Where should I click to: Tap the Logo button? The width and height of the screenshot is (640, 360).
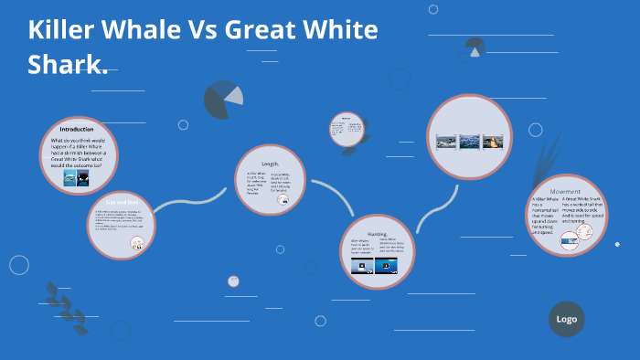566,319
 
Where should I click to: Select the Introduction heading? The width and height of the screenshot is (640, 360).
77,129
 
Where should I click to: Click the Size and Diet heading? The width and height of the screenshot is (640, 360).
122,200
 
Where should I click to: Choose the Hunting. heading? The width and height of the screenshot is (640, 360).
376,234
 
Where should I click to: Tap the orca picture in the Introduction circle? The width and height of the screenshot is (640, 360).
83,178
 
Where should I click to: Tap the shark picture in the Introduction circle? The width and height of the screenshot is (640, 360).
69,178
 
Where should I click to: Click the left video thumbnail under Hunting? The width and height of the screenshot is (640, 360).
362,267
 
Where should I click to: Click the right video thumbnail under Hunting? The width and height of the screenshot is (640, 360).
388,267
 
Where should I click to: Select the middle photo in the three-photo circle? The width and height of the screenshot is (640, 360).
469,142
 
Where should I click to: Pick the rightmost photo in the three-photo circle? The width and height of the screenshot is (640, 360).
493,142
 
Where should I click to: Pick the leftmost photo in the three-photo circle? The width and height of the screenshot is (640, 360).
445,142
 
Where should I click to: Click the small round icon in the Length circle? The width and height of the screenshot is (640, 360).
283,198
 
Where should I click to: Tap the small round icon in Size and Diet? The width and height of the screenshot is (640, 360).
136,242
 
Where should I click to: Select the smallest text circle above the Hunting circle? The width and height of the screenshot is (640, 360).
347,129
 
